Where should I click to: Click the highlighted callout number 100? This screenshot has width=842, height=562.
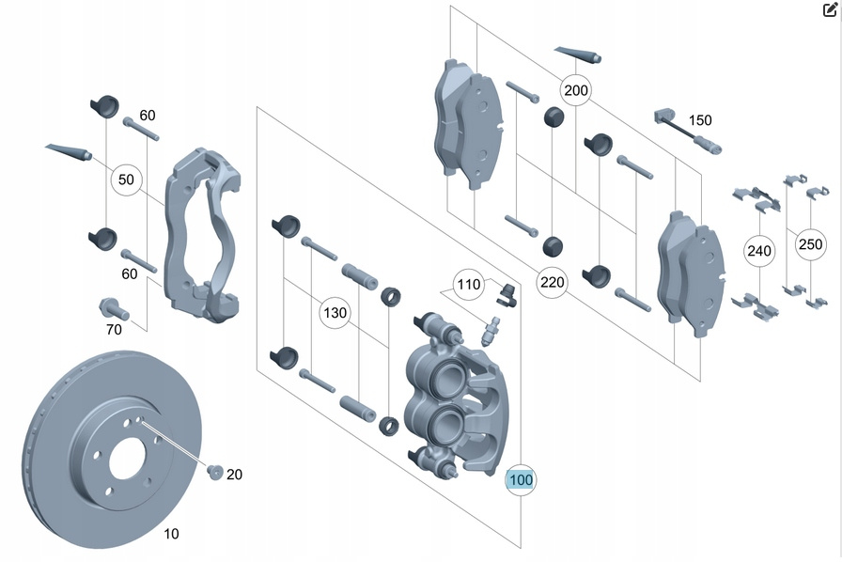[520, 480]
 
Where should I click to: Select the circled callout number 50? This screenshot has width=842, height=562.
[126, 179]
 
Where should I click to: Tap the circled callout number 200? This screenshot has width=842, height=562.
[575, 91]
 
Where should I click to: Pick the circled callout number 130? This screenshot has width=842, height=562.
[335, 312]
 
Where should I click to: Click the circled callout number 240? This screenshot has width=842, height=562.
[758, 251]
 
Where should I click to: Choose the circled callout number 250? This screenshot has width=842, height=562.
[809, 244]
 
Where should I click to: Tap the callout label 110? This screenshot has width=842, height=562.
[468, 284]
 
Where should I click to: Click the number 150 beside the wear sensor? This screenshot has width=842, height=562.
[700, 120]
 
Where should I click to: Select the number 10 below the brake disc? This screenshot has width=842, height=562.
[171, 534]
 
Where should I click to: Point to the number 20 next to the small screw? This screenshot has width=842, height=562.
[234, 475]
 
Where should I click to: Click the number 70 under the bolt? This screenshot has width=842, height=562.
[114, 330]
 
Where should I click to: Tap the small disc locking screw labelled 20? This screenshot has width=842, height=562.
[212, 472]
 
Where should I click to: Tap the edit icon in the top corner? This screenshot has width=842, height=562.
[829, 12]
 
